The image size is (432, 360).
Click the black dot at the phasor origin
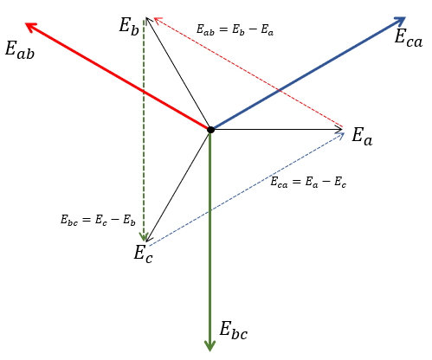(x=210, y=130)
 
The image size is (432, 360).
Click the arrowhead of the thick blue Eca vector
(x=401, y=21)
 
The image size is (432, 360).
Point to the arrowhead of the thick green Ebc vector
(x=210, y=345)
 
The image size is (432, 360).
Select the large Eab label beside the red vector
(x=20, y=50)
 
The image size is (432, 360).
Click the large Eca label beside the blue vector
(x=409, y=38)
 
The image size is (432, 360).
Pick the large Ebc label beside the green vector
(x=234, y=331)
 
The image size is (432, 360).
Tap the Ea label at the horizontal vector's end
(x=362, y=137)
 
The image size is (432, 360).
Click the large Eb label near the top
(x=129, y=26)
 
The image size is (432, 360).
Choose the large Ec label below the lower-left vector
(x=143, y=254)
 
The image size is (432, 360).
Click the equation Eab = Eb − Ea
(x=235, y=30)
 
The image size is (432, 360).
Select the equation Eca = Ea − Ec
(x=308, y=183)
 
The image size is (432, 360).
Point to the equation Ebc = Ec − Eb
(x=98, y=221)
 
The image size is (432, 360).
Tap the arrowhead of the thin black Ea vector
(x=339, y=130)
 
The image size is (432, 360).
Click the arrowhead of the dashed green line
(x=144, y=237)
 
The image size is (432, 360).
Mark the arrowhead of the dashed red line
(x=158, y=20)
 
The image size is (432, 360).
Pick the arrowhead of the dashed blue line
(x=341, y=135)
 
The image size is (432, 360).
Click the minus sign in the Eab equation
(x=253, y=29)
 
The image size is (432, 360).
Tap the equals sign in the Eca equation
(x=297, y=182)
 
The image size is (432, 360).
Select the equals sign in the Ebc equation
(x=87, y=220)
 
